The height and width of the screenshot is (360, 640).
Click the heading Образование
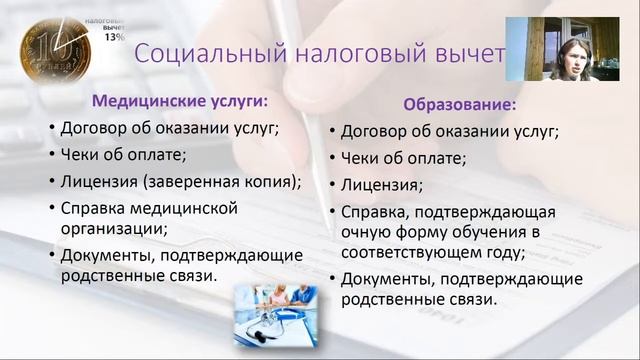pos(460,104)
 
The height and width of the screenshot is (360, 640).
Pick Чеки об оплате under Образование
pos(403,158)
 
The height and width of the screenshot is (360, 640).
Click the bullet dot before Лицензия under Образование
pos(331,186)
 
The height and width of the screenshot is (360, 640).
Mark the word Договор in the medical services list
pos(94,127)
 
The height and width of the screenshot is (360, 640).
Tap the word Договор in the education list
pos(375,131)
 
